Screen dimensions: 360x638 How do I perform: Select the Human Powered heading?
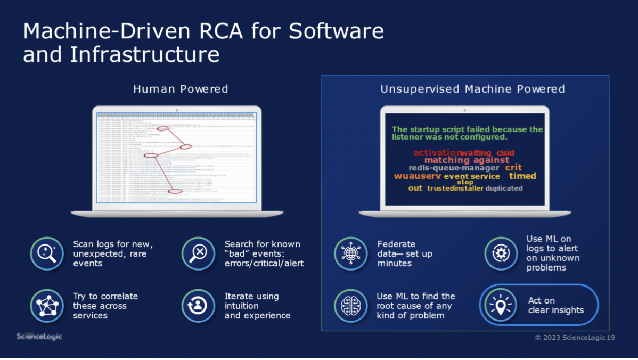click(x=181, y=89)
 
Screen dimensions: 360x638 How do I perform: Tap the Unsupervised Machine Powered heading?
click(x=472, y=89)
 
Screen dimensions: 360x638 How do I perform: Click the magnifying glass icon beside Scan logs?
click(x=47, y=253)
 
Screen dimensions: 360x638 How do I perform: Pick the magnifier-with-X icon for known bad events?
click(x=198, y=253)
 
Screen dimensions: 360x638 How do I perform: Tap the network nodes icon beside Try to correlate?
click(x=47, y=306)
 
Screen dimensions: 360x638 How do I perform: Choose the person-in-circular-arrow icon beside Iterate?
click(x=198, y=306)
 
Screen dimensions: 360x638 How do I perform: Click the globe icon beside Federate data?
click(x=350, y=253)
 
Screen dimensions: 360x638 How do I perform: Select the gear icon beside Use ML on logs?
click(x=501, y=253)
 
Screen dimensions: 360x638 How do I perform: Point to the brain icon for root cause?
click(x=350, y=306)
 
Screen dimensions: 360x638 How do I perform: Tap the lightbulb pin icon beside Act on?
click(x=501, y=305)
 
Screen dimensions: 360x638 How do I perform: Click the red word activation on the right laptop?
click(x=437, y=153)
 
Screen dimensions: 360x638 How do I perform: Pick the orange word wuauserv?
click(x=418, y=176)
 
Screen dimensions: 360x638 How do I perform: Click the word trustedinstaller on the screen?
click(x=455, y=189)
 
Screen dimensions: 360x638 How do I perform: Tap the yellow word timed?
click(x=522, y=176)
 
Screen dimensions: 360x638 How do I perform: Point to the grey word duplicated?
click(x=504, y=189)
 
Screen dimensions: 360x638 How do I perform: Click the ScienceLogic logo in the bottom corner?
click(x=39, y=337)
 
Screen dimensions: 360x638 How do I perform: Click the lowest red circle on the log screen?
click(x=175, y=191)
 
